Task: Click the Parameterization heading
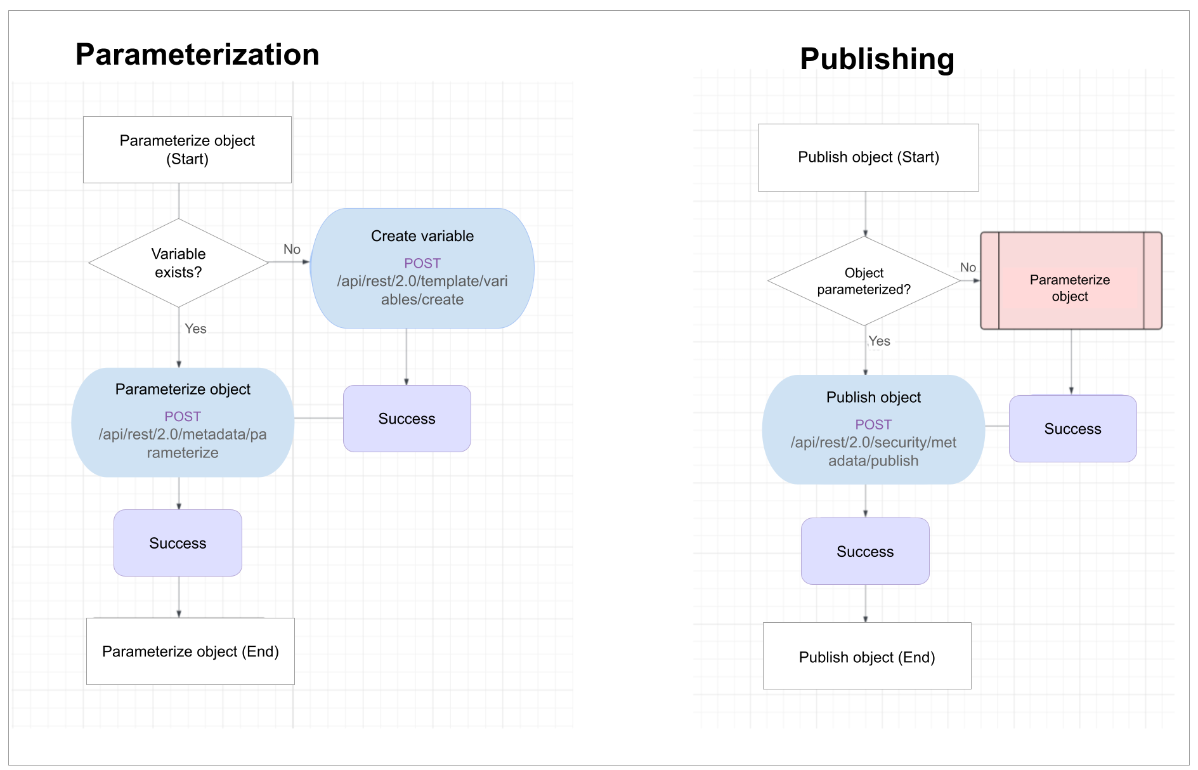[x=197, y=55]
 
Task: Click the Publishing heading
[x=876, y=59]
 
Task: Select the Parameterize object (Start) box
[x=187, y=150]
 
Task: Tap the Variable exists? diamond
[x=179, y=263]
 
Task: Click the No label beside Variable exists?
[x=292, y=249]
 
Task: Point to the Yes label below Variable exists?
[x=195, y=329]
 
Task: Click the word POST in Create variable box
[x=422, y=263]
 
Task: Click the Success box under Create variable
[x=407, y=419]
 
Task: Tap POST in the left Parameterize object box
[x=183, y=417]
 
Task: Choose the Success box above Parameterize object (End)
[x=178, y=543]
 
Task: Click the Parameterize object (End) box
[x=190, y=651]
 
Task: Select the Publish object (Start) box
[x=868, y=157]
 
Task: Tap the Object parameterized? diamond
[x=864, y=281]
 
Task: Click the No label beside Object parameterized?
[x=968, y=268]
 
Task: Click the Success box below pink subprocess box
[x=1072, y=429]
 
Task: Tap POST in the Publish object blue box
[x=873, y=425]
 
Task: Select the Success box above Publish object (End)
[x=865, y=551]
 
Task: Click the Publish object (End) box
[x=867, y=656]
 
